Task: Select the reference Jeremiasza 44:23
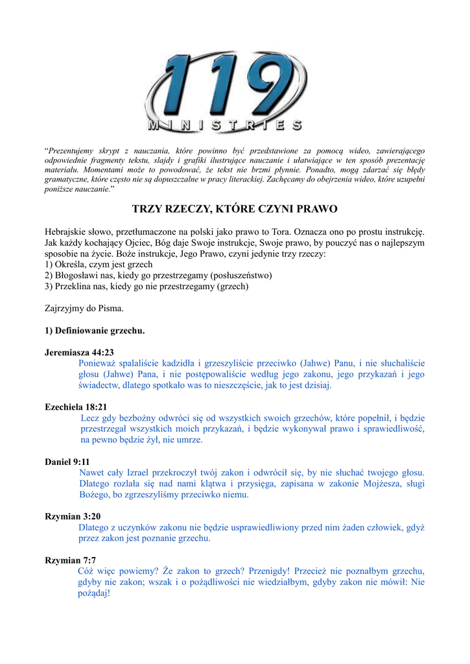(x=79, y=352)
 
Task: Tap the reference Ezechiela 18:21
(x=76, y=407)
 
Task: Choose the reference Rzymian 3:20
(x=73, y=516)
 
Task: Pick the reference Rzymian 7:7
(x=70, y=560)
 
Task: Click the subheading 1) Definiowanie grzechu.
(x=95, y=331)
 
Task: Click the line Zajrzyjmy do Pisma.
(x=84, y=308)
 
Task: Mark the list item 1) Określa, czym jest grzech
(x=99, y=265)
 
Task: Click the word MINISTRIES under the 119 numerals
(x=224, y=125)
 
